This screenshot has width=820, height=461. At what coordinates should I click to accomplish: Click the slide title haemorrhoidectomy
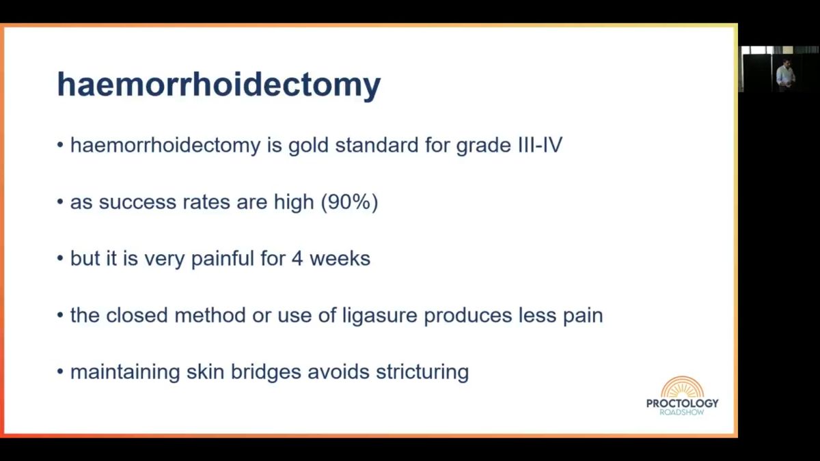tap(219, 85)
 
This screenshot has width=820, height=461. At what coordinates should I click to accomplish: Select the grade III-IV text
tap(509, 145)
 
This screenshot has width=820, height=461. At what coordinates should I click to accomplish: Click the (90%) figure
tap(349, 202)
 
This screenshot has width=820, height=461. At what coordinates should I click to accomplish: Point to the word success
tap(137, 202)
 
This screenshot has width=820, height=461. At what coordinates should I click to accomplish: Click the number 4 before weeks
tap(297, 259)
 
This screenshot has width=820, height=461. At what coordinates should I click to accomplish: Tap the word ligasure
tap(380, 316)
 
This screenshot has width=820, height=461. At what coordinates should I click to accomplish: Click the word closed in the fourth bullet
tap(137, 315)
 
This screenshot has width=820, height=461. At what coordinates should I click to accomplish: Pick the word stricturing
tap(422, 372)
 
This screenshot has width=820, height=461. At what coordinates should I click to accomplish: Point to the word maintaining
tap(125, 372)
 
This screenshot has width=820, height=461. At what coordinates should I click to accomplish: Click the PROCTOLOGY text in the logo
tap(683, 403)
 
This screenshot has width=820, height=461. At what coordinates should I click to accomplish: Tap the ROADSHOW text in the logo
tap(682, 413)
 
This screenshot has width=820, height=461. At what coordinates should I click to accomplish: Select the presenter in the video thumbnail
tap(784, 74)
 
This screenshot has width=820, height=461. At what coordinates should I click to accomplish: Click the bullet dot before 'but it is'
tap(60, 259)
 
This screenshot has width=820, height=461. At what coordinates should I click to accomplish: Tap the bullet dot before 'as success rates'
tap(60, 202)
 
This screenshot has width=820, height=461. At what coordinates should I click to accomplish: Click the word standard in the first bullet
tap(377, 145)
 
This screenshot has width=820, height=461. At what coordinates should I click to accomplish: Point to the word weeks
tap(340, 259)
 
